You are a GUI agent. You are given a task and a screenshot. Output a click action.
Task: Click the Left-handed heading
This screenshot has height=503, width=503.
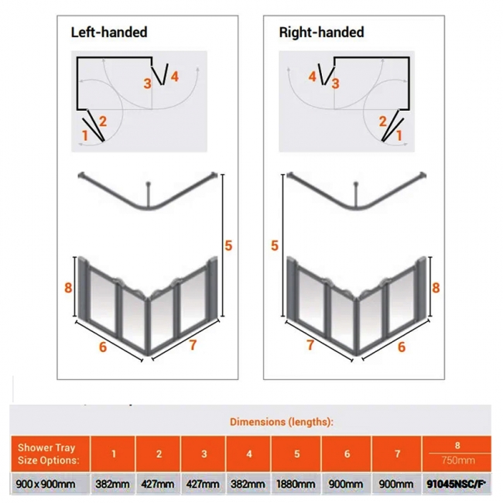pyautogui.click(x=109, y=33)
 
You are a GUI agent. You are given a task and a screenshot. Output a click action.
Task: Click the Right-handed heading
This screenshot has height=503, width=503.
pyautogui.click(x=321, y=33)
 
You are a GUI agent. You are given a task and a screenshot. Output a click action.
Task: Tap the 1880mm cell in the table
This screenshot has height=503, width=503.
pyautogui.click(x=296, y=484)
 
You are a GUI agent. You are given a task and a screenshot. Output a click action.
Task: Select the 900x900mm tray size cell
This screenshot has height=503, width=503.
pyautogui.click(x=46, y=484)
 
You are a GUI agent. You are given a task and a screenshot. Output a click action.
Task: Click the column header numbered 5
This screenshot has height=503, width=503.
pyautogui.click(x=296, y=453)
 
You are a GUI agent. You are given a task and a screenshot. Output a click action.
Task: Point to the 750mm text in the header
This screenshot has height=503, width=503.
pyautogui.click(x=458, y=460)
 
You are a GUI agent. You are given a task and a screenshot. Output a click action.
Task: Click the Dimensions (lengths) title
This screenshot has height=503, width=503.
pyautogui.click(x=282, y=422)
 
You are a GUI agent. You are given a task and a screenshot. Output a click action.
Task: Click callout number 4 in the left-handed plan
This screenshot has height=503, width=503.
pyautogui.click(x=175, y=77)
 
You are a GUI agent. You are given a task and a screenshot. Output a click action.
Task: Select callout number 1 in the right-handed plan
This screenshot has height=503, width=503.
pyautogui.click(x=399, y=135)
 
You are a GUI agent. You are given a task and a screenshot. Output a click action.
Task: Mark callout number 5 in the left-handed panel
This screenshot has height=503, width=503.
pyautogui.click(x=228, y=246)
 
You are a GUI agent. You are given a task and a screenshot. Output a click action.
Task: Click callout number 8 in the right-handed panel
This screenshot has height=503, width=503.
pyautogui.click(x=436, y=287)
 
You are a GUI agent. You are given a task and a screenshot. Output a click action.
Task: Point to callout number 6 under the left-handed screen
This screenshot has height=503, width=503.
pyautogui.click(x=103, y=347)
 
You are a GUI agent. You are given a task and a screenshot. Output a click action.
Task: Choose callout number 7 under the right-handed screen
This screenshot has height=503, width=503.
pyautogui.click(x=310, y=345)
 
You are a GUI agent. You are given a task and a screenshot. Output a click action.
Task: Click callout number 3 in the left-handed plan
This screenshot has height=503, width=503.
pyautogui.click(x=147, y=84)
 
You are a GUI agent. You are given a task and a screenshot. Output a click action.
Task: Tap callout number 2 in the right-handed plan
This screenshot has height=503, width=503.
pyautogui.click(x=383, y=121)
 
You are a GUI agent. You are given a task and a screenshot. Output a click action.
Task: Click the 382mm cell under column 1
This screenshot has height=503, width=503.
pyautogui.click(x=113, y=484)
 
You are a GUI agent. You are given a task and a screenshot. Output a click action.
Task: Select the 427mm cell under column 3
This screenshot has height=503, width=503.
pyautogui.click(x=203, y=484)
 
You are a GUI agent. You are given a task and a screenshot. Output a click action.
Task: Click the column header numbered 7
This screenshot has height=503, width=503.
pyautogui.click(x=397, y=453)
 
